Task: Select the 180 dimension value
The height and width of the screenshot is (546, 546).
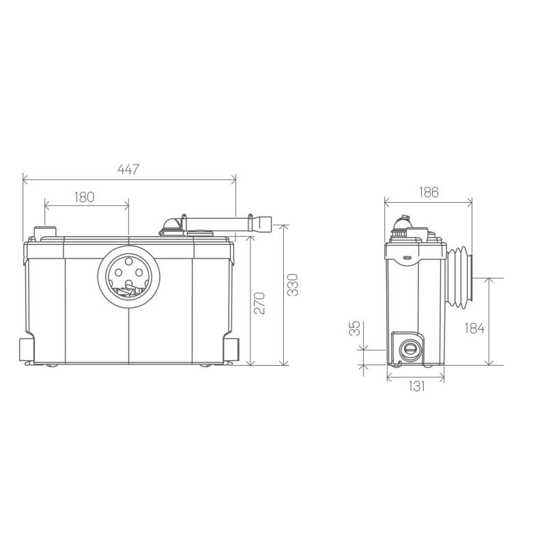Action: click(x=84, y=197)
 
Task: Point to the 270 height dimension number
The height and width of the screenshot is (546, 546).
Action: click(x=260, y=302)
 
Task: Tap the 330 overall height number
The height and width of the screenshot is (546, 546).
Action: click(x=292, y=285)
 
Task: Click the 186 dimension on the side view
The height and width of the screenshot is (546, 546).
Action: click(x=427, y=192)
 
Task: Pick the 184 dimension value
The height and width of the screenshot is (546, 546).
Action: click(x=474, y=328)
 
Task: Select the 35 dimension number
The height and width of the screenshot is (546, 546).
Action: click(x=354, y=329)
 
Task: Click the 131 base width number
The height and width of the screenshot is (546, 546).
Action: click(x=416, y=386)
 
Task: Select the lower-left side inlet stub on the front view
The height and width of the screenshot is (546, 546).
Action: click(x=25, y=348)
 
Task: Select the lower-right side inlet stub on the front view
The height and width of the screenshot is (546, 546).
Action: click(x=233, y=348)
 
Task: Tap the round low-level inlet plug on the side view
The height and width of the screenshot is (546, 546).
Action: click(x=409, y=348)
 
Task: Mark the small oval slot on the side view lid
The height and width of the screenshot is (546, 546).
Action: click(x=406, y=259)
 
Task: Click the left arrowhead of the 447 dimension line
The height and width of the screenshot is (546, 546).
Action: click(x=25, y=180)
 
